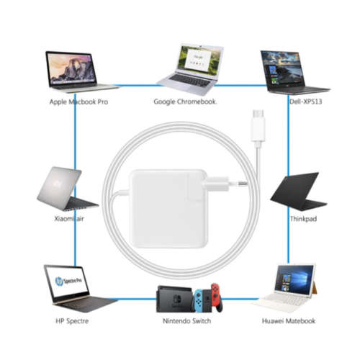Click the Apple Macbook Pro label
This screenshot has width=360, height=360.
(x=78, y=102)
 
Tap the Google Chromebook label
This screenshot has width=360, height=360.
(x=185, y=102)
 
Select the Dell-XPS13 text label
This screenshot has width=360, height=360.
(x=305, y=102)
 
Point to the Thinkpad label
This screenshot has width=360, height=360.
(x=303, y=219)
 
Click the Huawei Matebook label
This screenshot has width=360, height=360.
(x=289, y=321)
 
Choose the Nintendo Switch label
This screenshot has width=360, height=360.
(x=186, y=321)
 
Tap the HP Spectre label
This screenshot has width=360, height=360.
(x=72, y=321)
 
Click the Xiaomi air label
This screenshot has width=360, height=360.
(x=69, y=219)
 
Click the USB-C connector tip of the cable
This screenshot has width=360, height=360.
(x=258, y=113)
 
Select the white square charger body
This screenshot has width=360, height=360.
(x=168, y=208)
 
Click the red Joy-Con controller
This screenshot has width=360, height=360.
(x=216, y=297)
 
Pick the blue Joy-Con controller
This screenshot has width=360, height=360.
(x=198, y=301)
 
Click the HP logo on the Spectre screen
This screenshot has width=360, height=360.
(x=59, y=282)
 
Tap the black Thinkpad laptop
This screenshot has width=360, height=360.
(x=298, y=192)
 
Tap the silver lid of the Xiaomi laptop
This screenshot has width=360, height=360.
(x=59, y=188)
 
